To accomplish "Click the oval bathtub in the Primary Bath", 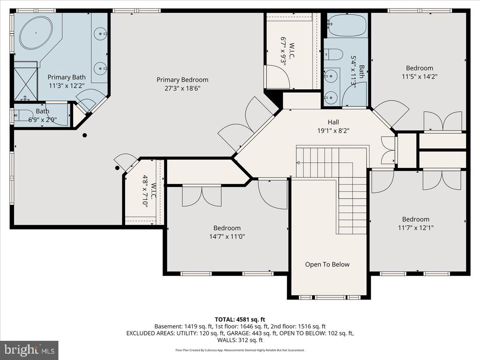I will pos(36,33).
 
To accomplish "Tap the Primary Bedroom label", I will pos(182,80).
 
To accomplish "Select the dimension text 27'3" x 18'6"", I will pos(182,88).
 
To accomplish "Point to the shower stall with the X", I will pos(26,84).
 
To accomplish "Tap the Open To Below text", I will pos(327,264).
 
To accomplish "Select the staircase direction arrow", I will pos(298,162).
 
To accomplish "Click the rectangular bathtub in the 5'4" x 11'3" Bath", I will pos(346,25).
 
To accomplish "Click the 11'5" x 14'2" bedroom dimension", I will pos(420,76).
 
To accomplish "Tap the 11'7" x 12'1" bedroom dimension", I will pos(416,228).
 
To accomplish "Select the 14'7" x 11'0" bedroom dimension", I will pos(227,236).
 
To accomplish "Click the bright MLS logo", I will pos(29,350).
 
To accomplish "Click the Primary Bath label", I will pos(66,77).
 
